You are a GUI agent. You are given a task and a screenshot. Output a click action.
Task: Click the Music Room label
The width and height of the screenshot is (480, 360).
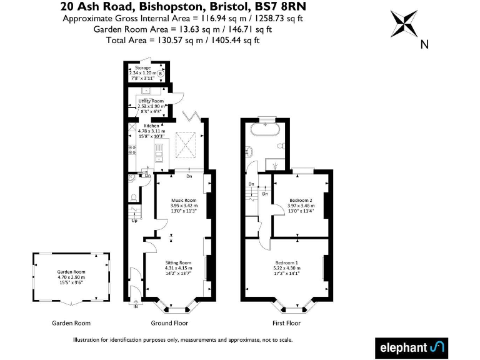184,200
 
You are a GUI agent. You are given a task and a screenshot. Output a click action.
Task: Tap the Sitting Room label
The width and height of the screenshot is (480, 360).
178,262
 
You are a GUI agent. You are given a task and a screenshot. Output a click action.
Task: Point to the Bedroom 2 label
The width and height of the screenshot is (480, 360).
301,200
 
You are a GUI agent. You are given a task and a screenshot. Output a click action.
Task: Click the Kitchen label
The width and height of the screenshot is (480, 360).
152,126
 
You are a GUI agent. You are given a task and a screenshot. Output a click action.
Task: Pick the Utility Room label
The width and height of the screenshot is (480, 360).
151,101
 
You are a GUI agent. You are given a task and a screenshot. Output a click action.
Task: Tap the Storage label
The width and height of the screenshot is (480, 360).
144,67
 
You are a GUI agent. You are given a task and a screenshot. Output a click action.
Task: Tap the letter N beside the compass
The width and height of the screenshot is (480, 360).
424,44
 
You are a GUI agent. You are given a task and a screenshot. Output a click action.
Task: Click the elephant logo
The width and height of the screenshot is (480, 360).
412,347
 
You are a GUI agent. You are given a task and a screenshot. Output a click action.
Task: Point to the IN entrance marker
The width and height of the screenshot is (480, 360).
136,306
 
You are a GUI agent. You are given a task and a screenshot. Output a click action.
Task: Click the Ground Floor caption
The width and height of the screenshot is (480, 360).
169,323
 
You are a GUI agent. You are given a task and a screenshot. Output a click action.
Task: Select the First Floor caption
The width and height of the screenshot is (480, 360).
286,323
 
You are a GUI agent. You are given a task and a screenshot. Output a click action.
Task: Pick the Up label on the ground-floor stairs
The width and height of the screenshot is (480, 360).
134,220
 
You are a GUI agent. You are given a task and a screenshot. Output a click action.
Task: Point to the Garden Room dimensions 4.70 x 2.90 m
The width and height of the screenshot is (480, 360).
71,277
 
